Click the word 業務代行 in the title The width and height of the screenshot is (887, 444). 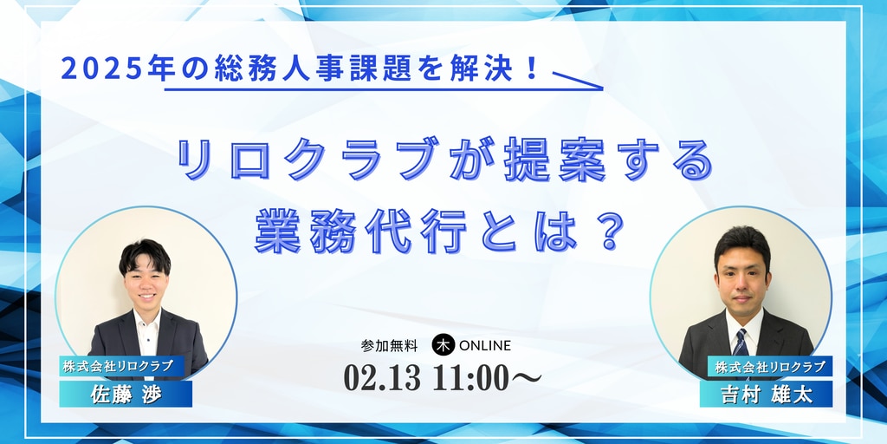click(x=360, y=232)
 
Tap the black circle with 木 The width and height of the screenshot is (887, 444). click(x=443, y=345)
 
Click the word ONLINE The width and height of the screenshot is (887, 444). click(x=485, y=345)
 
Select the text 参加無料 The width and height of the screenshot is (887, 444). click(x=389, y=345)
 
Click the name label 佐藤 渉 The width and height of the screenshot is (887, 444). click(x=126, y=395)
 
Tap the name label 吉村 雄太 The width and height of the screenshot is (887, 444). click(x=766, y=395)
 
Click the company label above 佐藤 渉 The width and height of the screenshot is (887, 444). click(x=121, y=367)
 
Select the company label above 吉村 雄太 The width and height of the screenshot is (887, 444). click(x=770, y=367)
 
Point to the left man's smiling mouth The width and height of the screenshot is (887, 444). click(x=147, y=297)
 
